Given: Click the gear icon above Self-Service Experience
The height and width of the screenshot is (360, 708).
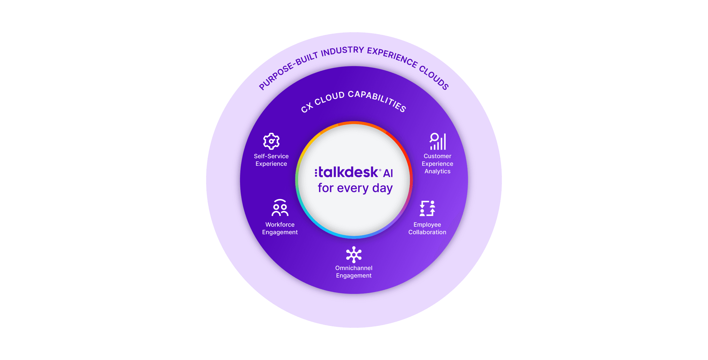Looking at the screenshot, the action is point(271,141).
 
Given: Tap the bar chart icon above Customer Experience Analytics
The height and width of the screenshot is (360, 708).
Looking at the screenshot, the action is point(438,142).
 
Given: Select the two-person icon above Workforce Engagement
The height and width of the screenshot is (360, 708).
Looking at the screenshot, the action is point(280,208).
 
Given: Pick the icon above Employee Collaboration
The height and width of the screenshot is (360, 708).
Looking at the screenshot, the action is point(428,208).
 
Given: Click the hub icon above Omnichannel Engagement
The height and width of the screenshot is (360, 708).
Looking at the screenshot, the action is point(354,255).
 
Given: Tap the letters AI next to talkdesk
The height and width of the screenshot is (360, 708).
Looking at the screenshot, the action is point(388,173).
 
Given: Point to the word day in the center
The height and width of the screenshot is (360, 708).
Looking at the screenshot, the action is point(383,188).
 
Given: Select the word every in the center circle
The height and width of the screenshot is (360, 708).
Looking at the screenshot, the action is point(353,188).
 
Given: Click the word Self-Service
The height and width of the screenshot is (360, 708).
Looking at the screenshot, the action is point(271,156).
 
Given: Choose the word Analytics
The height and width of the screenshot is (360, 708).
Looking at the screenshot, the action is point(438,171).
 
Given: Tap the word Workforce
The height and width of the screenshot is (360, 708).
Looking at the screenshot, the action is point(280,224).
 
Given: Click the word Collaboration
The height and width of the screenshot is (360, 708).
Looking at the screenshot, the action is point(427,232).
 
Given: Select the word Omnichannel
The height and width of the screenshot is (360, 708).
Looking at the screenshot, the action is point(354,268).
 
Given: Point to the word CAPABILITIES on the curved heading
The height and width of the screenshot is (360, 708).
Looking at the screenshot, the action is point(377,101).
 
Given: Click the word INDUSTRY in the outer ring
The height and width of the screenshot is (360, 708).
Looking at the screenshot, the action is point(342,51).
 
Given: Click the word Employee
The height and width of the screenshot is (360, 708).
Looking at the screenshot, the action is point(427,225).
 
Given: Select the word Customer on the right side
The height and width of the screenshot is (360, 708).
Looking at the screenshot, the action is point(438,156).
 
